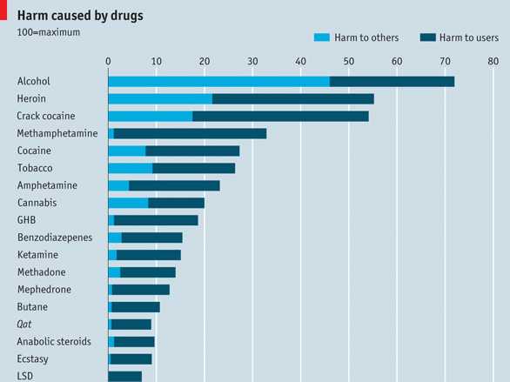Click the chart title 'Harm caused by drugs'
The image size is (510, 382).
[80, 16]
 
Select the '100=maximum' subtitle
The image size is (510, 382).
[49, 32]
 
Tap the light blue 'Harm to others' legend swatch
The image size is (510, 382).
[322, 37]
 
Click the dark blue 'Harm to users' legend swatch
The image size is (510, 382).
[427, 37]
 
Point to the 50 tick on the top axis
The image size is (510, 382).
[349, 61]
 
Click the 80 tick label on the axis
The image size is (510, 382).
[493, 61]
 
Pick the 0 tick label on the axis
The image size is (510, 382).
[108, 61]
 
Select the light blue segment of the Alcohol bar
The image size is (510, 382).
[219, 82]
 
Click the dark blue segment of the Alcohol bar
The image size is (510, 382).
[392, 82]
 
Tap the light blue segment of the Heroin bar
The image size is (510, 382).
[160, 99]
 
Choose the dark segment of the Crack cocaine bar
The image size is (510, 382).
[280, 117]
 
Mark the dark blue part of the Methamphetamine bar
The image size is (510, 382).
[190, 134]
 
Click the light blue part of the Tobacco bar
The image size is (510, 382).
[131, 168]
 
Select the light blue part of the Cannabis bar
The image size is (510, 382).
[129, 203]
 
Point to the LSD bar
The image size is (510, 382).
[125, 377]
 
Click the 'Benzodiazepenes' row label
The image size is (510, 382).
[55, 238]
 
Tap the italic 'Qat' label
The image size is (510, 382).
[24, 324]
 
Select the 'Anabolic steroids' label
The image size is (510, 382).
[54, 341]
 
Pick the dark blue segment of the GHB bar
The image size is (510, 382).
[156, 220]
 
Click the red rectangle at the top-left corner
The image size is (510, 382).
[3, 10]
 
